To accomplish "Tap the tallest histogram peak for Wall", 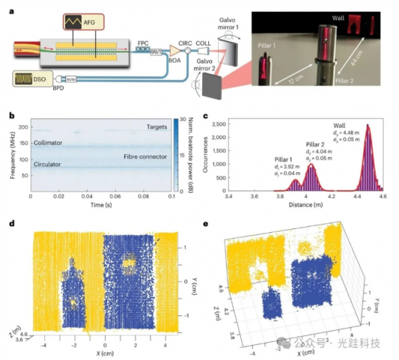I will pos(367,133).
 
